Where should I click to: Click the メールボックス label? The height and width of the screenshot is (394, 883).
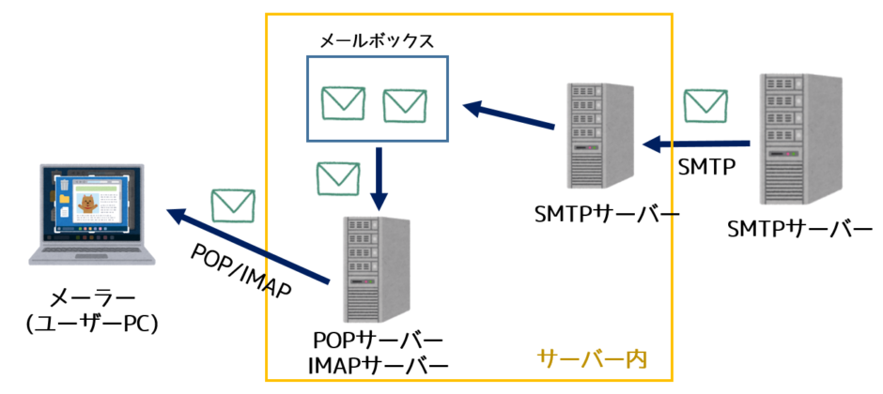click(x=377, y=40)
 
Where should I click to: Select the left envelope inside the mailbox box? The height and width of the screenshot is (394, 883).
click(x=341, y=103)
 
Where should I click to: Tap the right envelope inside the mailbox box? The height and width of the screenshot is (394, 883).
click(x=405, y=103)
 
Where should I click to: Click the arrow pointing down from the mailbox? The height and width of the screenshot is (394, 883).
click(x=378, y=178)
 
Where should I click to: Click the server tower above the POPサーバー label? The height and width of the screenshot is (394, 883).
click(x=376, y=270)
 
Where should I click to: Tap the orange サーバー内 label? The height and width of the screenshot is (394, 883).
click(x=593, y=358)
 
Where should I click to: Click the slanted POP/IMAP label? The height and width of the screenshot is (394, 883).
click(x=240, y=271)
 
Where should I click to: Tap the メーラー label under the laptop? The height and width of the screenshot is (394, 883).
click(x=91, y=297)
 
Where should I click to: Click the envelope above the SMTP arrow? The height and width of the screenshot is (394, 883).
click(x=705, y=106)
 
